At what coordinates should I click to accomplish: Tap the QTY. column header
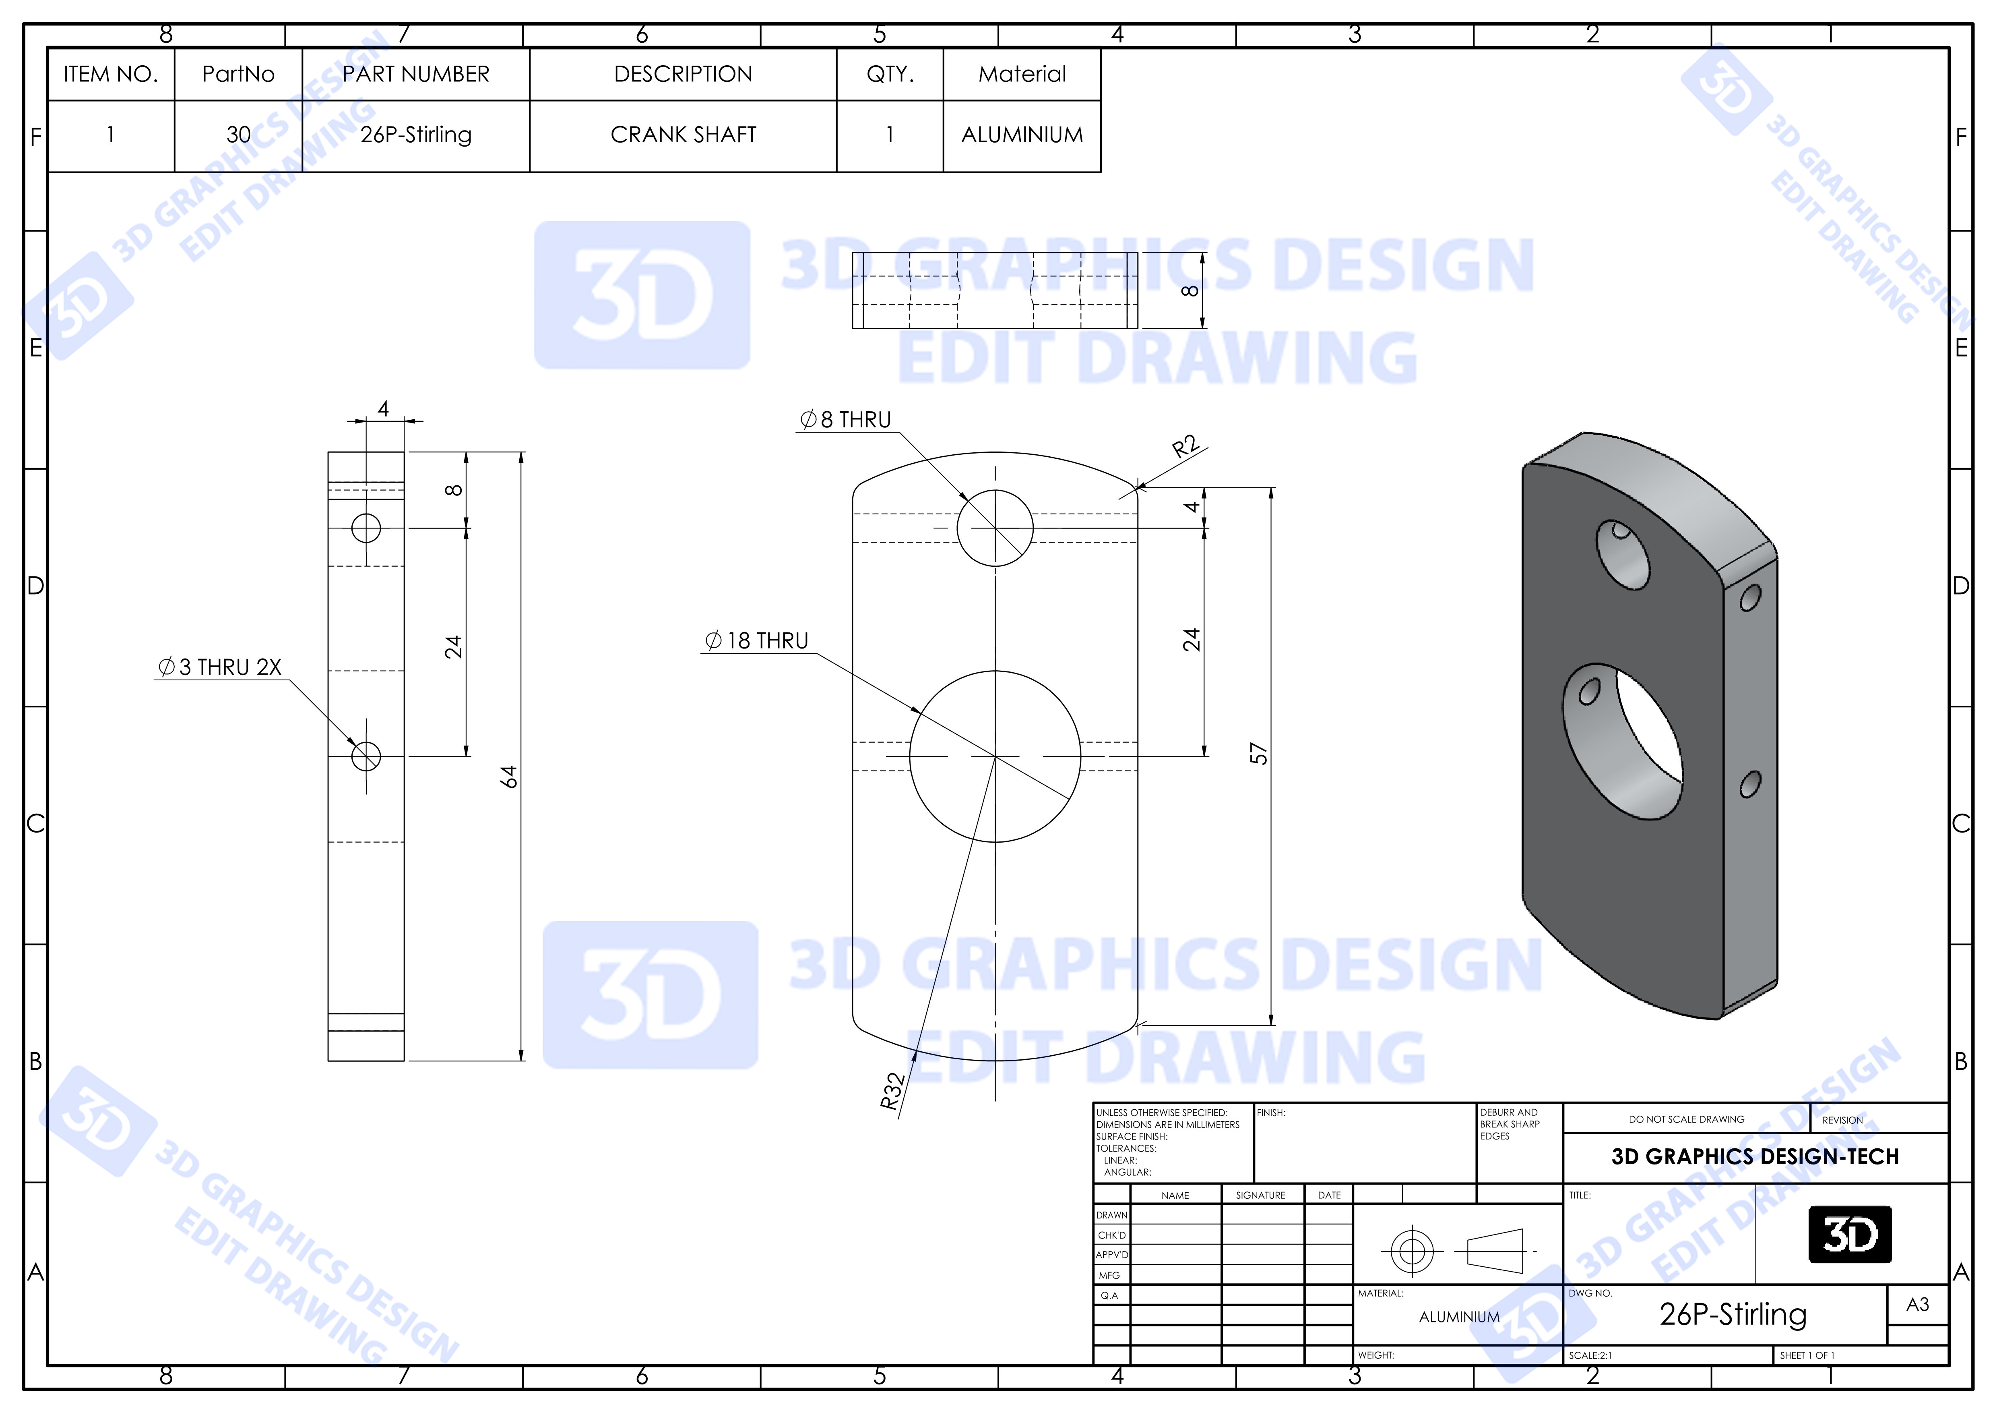pyautogui.click(x=890, y=74)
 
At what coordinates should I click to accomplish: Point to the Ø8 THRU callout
pyautogui.click(x=845, y=420)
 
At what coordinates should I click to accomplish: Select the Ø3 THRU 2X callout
pyautogui.click(x=219, y=667)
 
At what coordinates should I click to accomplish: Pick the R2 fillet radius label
pyautogui.click(x=1185, y=447)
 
